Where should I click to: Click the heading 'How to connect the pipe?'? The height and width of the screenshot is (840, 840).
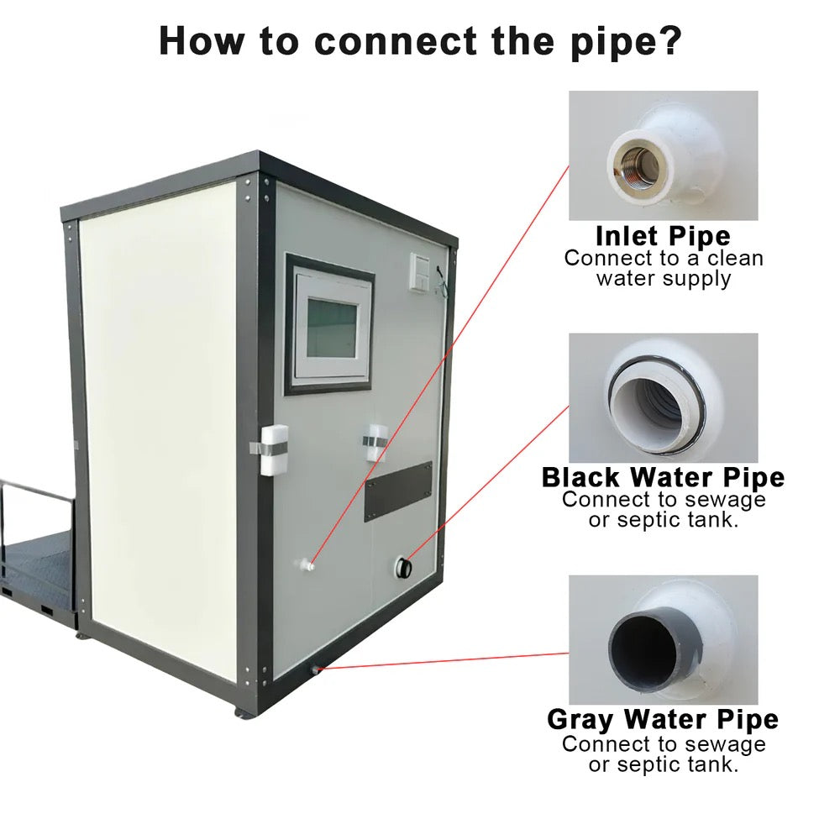tap(419, 40)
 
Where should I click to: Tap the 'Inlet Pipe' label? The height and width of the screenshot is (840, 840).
tap(663, 235)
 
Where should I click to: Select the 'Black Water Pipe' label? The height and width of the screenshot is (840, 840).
tap(663, 477)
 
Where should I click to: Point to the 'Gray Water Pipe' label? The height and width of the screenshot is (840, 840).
tap(663, 720)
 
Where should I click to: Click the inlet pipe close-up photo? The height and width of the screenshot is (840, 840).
tap(663, 155)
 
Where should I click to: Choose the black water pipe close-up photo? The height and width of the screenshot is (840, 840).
tap(663, 396)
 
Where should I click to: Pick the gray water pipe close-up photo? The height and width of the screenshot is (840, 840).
tap(663, 639)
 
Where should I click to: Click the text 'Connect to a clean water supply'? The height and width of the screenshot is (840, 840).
tap(663, 268)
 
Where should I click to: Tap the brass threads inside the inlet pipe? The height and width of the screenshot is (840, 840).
tap(635, 157)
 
